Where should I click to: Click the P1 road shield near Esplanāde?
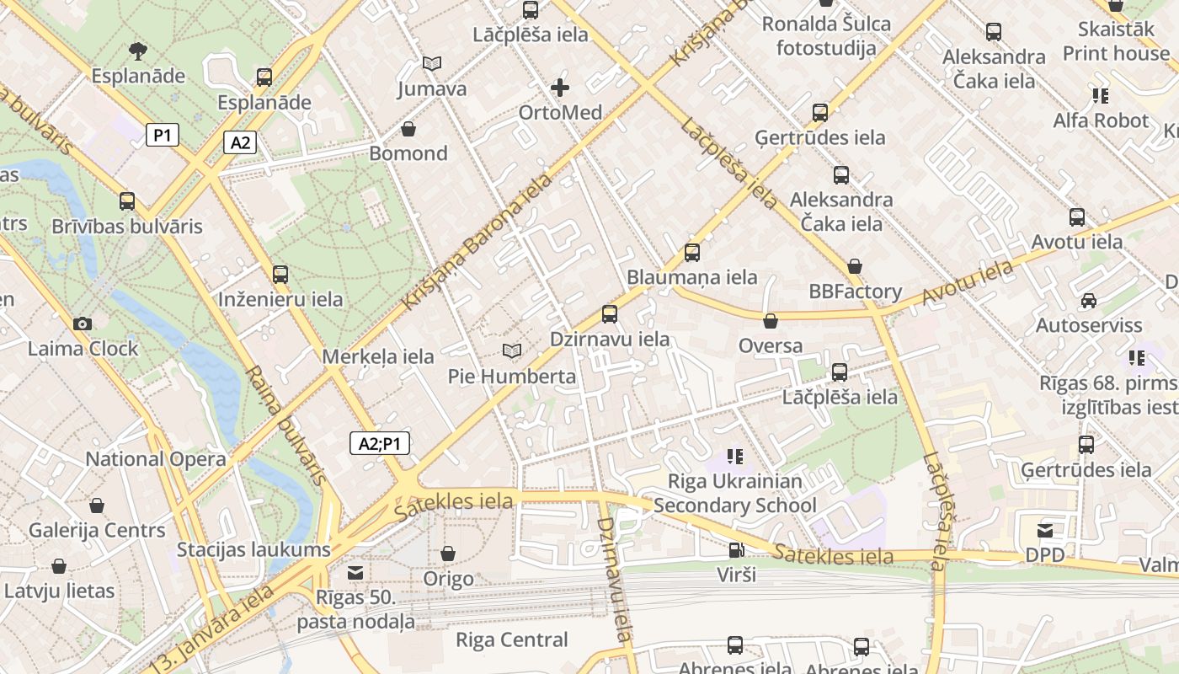tap(163, 135)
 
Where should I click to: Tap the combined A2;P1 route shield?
tap(379, 443)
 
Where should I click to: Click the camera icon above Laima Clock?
tap(83, 324)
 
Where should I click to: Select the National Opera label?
tap(156, 459)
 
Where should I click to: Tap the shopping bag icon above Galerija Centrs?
tap(97, 505)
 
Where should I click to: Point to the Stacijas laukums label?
tap(253, 550)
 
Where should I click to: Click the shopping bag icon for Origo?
tap(448, 554)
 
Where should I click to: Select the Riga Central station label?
tap(511, 639)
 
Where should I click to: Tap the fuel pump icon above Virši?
tap(736, 550)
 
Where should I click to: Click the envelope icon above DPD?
tap(1045, 530)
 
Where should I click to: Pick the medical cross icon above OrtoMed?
tap(560, 87)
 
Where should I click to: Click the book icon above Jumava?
tap(432, 63)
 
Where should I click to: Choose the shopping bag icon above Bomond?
tap(408, 129)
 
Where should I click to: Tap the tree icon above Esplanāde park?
tap(138, 51)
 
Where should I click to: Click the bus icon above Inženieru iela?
tap(280, 274)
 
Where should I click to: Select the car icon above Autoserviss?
tap(1088, 300)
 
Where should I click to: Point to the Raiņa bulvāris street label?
tap(285, 425)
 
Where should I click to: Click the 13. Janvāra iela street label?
tap(215, 628)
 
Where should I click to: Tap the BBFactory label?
tap(855, 292)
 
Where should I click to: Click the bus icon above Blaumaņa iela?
tap(692, 252)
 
